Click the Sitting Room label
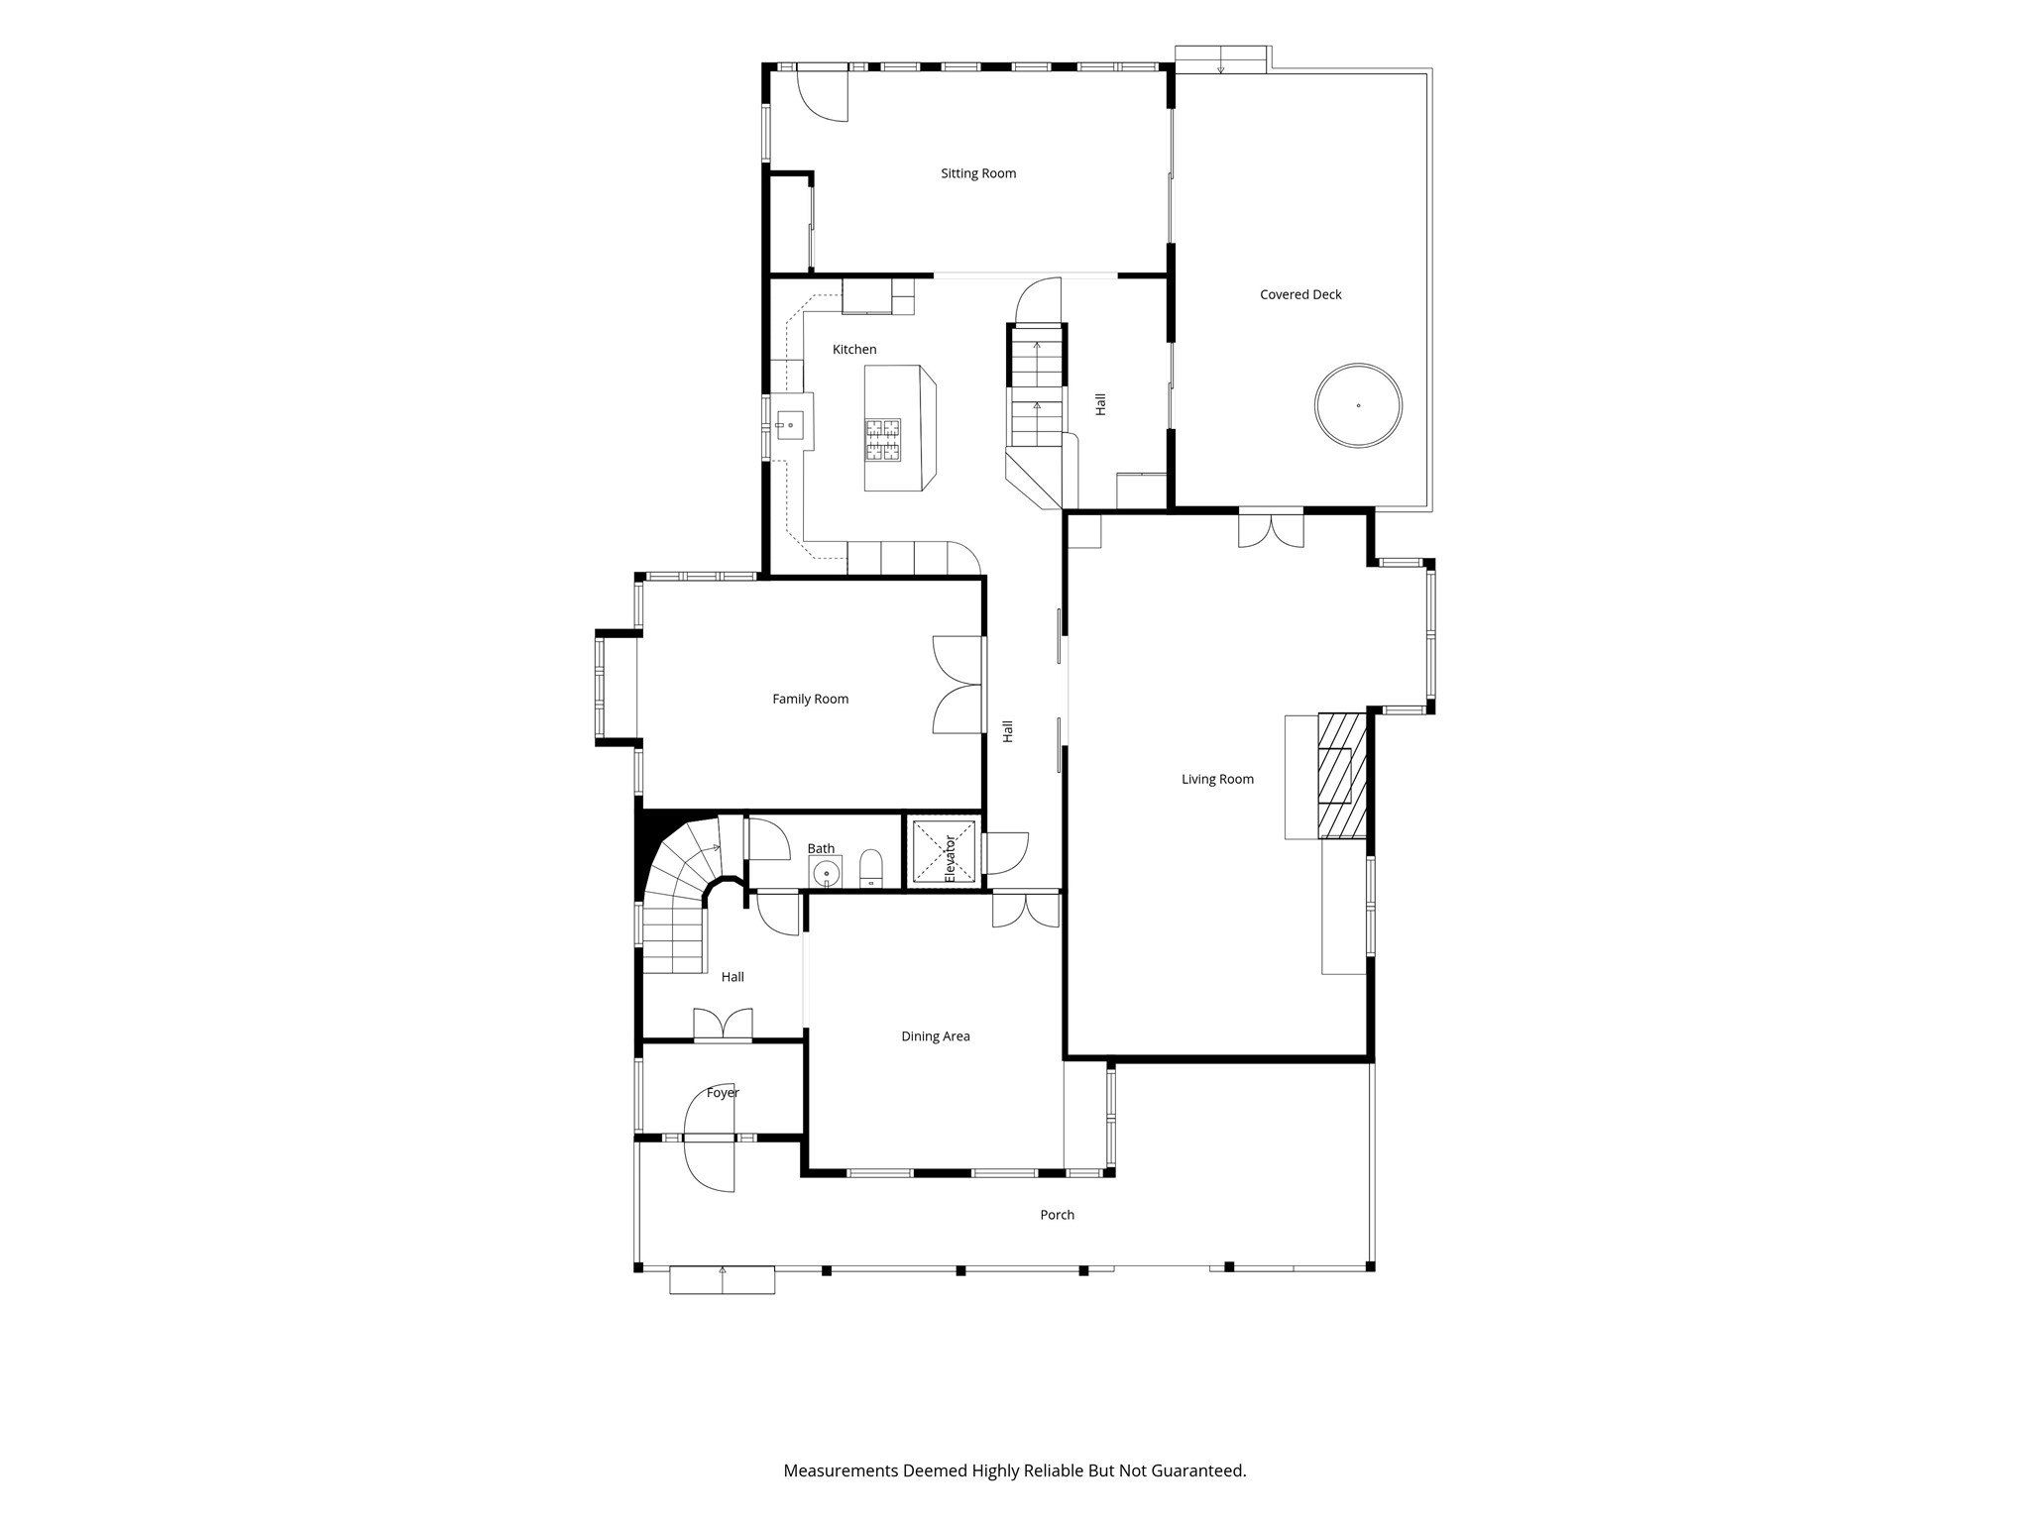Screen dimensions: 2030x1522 point(978,173)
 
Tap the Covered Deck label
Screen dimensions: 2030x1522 point(1300,294)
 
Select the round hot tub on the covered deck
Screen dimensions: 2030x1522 point(1358,405)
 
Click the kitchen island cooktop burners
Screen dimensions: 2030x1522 point(883,440)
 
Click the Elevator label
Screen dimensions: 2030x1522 point(950,858)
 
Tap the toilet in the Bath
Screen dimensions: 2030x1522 point(871,868)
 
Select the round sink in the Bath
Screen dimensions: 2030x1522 point(826,873)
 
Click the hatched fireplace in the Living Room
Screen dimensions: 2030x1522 point(1341,776)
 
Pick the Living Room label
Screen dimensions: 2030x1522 point(1217,780)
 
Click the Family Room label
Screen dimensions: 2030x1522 point(811,700)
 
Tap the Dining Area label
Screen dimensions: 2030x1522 point(936,1036)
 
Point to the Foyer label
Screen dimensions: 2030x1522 point(723,1093)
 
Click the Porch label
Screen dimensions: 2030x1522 point(1058,1215)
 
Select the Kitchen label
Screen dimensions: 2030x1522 point(854,350)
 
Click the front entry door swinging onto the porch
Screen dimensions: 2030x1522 point(710,1164)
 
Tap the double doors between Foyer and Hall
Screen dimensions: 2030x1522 point(723,1025)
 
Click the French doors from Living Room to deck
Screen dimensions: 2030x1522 point(1271,528)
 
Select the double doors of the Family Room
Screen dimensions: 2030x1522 point(958,685)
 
